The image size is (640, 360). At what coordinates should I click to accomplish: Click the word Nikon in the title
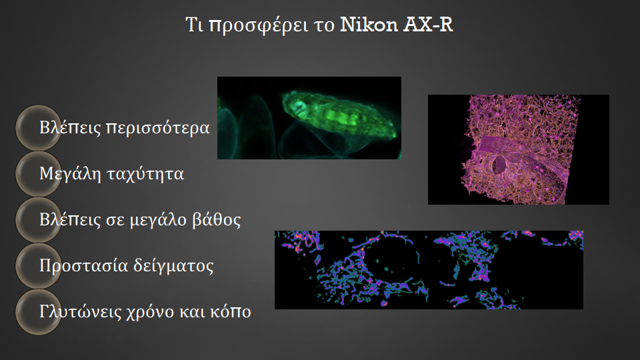[369, 25]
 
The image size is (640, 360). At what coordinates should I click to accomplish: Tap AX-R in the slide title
[428, 25]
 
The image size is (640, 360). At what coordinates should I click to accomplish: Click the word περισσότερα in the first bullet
[157, 128]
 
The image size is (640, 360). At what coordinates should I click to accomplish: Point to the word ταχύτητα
[145, 174]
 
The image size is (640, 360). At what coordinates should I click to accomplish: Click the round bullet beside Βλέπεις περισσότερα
[39, 128]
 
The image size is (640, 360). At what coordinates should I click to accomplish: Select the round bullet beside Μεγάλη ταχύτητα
[39, 174]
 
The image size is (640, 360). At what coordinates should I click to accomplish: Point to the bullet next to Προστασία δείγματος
[39, 266]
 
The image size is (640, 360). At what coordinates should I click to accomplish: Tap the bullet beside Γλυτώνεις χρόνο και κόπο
[39, 312]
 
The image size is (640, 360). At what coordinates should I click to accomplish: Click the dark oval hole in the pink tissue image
[499, 165]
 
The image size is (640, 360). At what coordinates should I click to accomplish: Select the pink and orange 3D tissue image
[519, 150]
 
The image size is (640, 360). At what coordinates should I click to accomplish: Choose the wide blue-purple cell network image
[429, 270]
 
